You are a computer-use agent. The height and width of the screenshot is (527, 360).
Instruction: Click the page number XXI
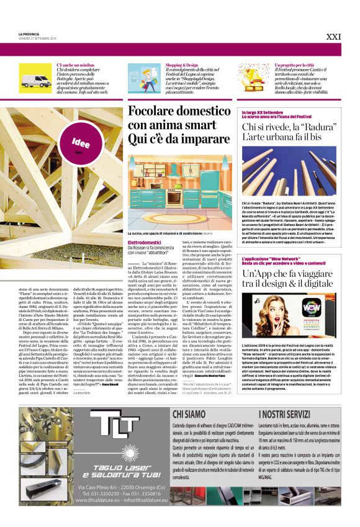(333, 37)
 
